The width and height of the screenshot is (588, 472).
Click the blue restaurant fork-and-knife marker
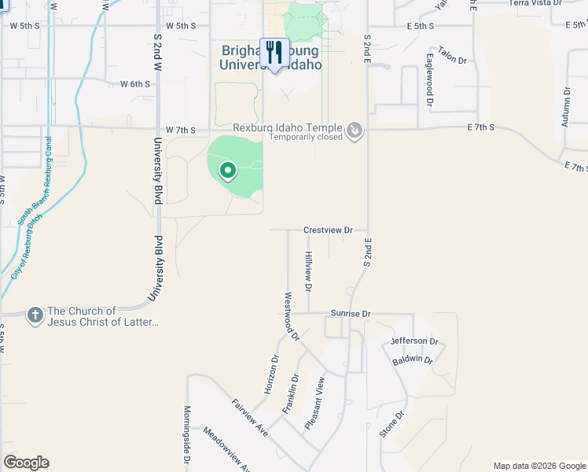coord(274,53)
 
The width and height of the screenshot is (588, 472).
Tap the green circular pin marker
coord(227,169)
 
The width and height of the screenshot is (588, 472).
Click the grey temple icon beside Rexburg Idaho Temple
coord(355,130)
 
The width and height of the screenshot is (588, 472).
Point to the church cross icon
coord(35,315)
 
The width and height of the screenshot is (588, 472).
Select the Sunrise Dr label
coord(350,313)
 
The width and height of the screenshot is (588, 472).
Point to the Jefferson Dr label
coord(413,341)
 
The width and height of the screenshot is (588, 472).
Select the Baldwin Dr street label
coord(413,361)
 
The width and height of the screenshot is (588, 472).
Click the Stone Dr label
coord(391,424)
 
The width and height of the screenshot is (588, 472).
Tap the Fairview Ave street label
coord(250,418)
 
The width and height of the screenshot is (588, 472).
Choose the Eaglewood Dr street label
coord(430,79)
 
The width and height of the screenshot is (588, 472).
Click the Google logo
coord(26,463)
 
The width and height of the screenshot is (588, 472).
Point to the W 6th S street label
coord(135,84)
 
